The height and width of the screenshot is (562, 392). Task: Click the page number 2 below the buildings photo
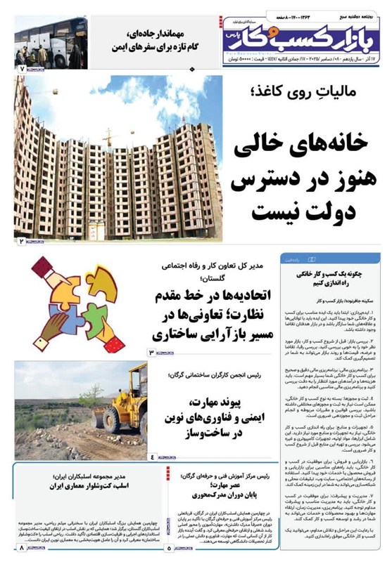(21, 241)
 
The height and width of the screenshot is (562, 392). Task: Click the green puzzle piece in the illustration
(106, 276)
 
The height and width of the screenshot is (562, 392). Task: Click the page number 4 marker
(151, 457)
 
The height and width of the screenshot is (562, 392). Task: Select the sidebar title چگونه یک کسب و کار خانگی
(331, 276)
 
